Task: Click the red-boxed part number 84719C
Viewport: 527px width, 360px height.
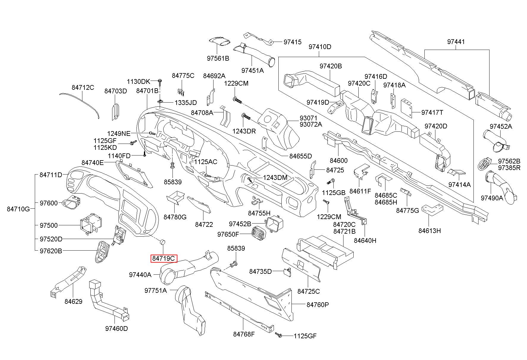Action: point(164,259)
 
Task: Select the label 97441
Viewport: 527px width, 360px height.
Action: point(456,42)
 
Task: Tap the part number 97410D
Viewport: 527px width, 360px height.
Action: point(320,47)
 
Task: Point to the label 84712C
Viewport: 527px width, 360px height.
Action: point(83,87)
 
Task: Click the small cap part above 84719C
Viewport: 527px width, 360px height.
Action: point(163,241)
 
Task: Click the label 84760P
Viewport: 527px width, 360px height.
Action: point(318,305)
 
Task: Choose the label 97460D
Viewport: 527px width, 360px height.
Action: point(116,328)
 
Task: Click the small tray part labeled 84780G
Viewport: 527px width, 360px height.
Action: point(175,198)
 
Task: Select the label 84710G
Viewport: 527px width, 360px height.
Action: point(18,209)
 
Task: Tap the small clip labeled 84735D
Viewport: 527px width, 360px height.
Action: point(287,272)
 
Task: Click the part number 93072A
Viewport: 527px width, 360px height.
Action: point(310,124)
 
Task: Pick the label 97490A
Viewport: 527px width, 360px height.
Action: point(492,198)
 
